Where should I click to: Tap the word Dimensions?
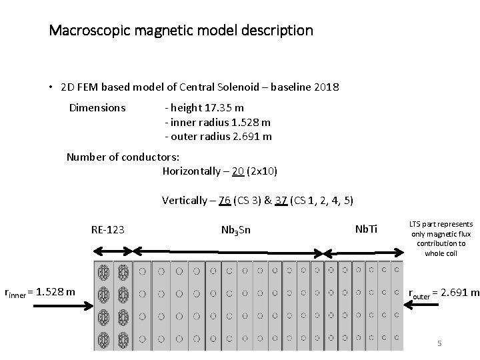pos(97,107)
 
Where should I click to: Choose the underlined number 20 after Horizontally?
pos(238,171)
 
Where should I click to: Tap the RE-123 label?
pos(107,231)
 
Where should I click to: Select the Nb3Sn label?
pos(235,231)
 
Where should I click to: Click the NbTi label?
pos(366,230)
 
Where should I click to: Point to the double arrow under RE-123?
pos(113,251)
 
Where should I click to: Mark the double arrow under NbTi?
pos(363,252)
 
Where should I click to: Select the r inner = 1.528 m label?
pos(39,291)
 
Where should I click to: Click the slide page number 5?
pos(439,343)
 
